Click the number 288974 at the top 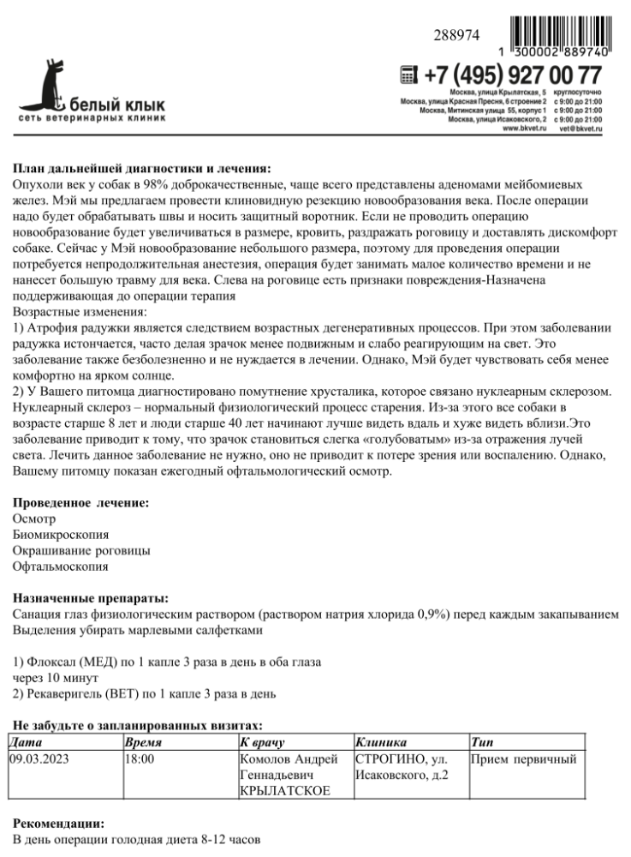[x=457, y=36]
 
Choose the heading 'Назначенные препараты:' [x=91, y=597]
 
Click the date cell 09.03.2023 [x=39, y=759]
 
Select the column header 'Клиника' [x=380, y=742]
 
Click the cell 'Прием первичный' [x=524, y=759]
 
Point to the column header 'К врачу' [x=261, y=742]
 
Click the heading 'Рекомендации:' [x=58, y=824]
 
